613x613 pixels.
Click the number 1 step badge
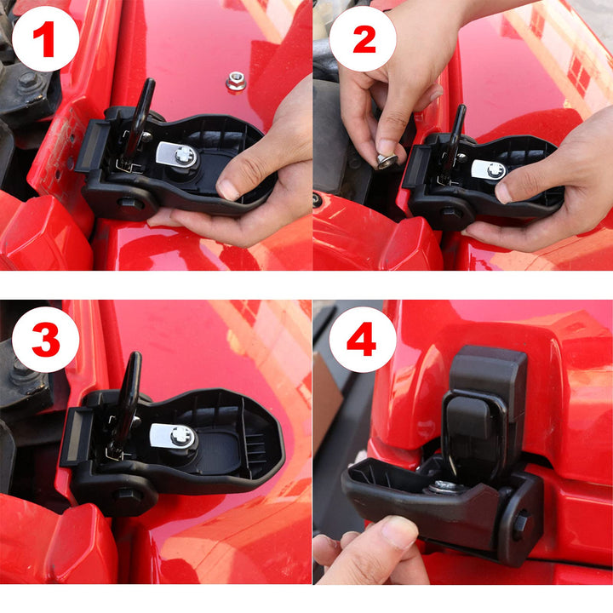[x=46, y=38]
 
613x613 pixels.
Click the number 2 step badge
[x=363, y=38]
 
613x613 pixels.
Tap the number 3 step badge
[x=46, y=340]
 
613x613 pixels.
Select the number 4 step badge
[x=363, y=340]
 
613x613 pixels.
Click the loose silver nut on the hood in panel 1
[x=236, y=82]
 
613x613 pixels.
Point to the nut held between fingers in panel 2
[x=387, y=161]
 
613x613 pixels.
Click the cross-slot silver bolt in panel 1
[x=185, y=156]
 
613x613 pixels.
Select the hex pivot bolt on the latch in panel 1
[x=128, y=203]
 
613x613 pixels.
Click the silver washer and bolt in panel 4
[x=445, y=488]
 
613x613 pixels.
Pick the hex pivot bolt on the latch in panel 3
[x=126, y=494]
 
